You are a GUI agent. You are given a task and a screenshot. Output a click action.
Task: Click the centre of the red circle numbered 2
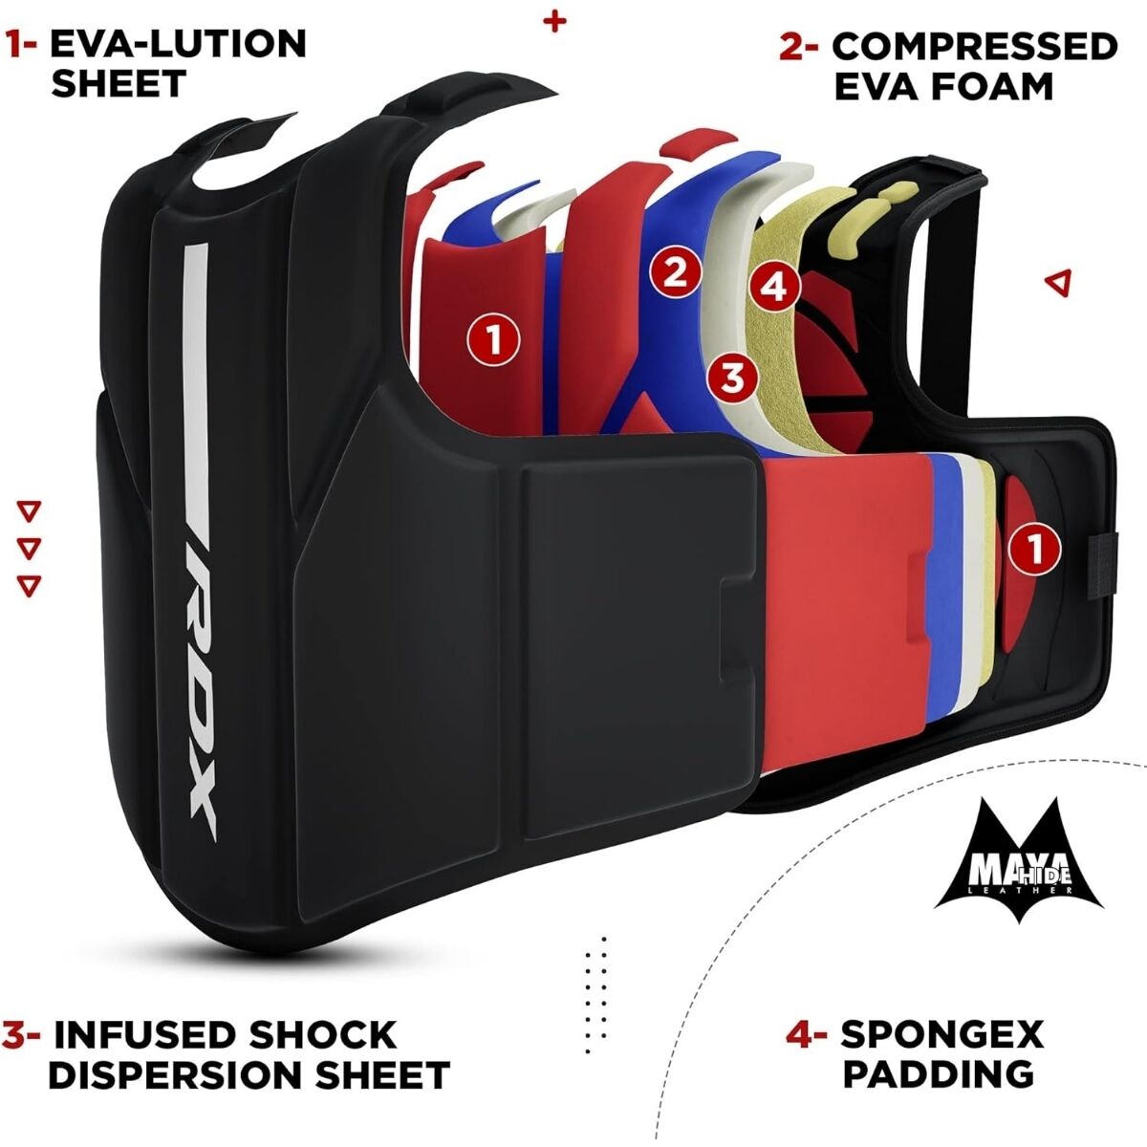click(675, 273)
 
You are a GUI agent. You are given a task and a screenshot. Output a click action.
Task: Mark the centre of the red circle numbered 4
click(774, 287)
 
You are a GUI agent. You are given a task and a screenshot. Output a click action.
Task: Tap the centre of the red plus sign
click(554, 22)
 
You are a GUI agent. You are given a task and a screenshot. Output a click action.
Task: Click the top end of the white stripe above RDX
click(197, 244)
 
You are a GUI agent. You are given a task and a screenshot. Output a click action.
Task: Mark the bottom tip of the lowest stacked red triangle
click(28, 595)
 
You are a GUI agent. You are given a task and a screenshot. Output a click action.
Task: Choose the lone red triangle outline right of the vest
click(1058, 282)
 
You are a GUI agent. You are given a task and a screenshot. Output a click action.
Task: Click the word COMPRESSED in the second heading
click(974, 47)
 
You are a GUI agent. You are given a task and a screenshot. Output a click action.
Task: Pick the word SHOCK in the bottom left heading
click(322, 1035)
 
